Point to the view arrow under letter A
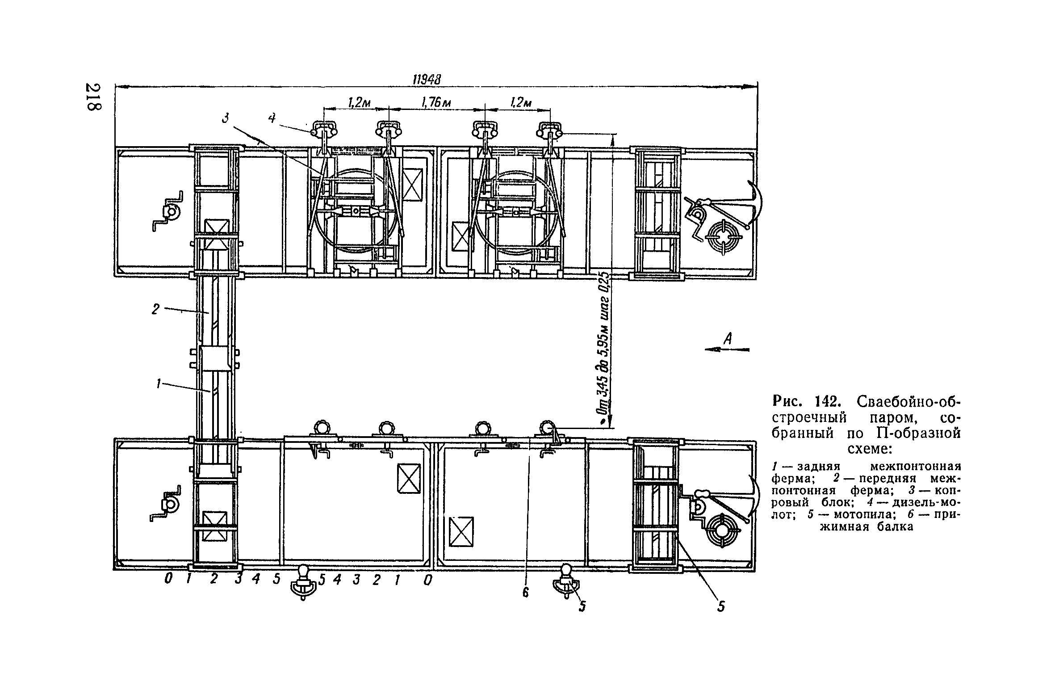coord(727,350)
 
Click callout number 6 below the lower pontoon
coord(525,593)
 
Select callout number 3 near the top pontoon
coord(226,118)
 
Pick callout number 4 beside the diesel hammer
coord(272,118)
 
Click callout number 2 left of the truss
coord(155,309)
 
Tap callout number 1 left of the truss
coord(158,384)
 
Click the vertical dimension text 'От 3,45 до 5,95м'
coord(603,349)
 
